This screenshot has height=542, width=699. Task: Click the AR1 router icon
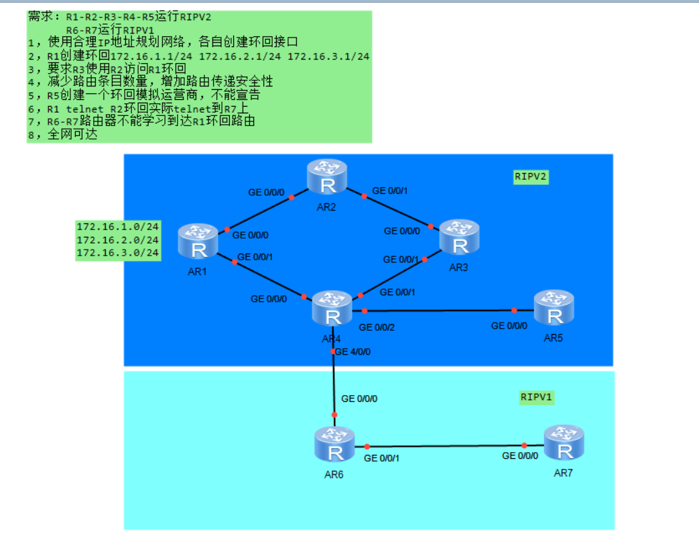198,241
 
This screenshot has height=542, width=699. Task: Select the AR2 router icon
327,177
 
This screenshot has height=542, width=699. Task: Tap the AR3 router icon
459,238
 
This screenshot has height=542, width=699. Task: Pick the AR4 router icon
332,309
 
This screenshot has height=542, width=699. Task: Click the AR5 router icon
554,308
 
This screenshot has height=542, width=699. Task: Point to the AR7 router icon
564,443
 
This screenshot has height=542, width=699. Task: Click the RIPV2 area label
531,176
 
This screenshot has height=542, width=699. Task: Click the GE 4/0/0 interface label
353,351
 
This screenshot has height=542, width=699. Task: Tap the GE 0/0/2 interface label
376,327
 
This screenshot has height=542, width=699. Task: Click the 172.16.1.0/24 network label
118,227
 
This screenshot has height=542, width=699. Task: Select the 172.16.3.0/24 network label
118,252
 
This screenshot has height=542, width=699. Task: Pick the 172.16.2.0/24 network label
118,239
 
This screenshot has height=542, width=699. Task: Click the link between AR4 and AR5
439,311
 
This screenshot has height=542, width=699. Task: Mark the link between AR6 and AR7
446,445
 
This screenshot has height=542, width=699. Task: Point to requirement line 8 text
64,134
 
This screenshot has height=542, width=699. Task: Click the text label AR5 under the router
553,337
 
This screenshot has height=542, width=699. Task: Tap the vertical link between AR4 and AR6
334,382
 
